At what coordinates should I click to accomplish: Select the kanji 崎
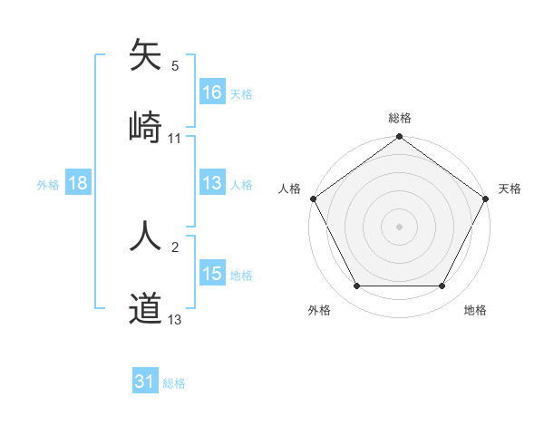tap(145, 125)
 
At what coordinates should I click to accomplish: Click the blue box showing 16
tap(211, 92)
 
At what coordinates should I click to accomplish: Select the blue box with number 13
tap(211, 183)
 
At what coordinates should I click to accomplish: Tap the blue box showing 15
tap(211, 274)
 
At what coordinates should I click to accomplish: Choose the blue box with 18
tap(78, 183)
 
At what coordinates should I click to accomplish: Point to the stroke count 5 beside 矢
tap(175, 66)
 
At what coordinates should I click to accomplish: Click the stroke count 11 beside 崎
tap(175, 139)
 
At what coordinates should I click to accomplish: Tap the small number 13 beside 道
tap(175, 320)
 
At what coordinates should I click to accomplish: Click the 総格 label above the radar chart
tap(400, 118)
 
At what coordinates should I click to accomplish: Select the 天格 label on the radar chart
tap(510, 189)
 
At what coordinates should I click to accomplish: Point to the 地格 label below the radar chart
tap(475, 310)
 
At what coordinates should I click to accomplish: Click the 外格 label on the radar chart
tap(319, 310)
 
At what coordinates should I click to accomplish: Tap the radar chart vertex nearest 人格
tap(313, 198)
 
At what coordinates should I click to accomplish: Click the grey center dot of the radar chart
tap(400, 226)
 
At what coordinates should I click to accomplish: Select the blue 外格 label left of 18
tap(48, 184)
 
